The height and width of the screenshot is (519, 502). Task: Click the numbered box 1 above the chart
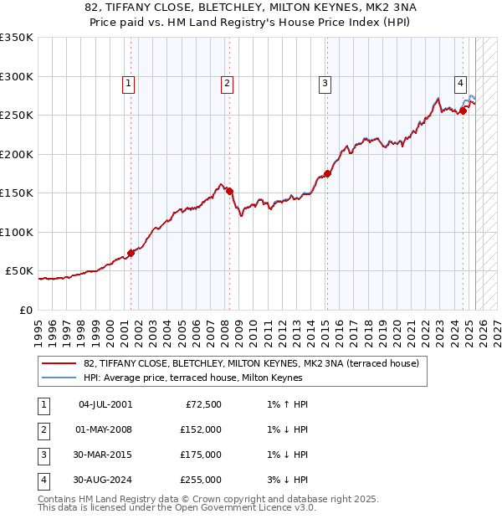[x=128, y=83]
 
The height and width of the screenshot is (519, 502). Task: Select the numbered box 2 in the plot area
[x=227, y=83]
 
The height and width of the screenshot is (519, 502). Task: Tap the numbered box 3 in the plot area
[x=325, y=83]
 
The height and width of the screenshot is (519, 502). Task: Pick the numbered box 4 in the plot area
[x=461, y=83]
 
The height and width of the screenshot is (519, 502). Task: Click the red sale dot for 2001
[x=131, y=253]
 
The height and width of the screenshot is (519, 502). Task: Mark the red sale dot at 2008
[x=229, y=191]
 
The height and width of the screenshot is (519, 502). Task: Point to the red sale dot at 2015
[x=327, y=173]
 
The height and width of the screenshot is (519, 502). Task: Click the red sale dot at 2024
[x=463, y=110]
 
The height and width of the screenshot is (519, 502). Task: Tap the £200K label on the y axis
[x=16, y=154]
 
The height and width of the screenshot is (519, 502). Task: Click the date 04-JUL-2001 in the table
[x=105, y=404]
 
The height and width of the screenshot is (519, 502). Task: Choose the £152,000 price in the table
[x=202, y=429]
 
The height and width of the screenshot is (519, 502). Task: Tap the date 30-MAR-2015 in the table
[x=105, y=455]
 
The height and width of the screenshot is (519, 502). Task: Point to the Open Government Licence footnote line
[x=177, y=507]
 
